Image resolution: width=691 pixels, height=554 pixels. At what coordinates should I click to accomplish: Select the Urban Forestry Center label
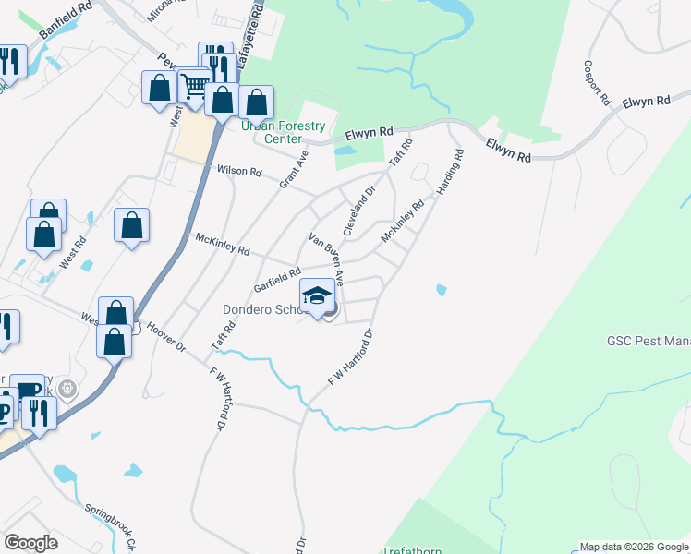coord(284,132)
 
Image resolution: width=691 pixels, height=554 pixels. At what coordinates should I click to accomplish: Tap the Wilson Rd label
coord(239,172)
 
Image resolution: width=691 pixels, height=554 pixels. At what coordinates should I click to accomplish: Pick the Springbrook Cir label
coord(115,525)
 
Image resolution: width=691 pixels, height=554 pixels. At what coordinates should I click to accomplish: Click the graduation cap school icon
coord(317,295)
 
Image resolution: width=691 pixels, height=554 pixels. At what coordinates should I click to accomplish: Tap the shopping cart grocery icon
coord(195,86)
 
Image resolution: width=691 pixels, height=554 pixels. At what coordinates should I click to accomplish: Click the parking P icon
coord(6,411)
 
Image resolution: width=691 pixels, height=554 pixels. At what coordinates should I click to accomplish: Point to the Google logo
coord(30,543)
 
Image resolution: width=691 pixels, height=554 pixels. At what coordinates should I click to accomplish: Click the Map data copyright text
coord(634,547)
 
